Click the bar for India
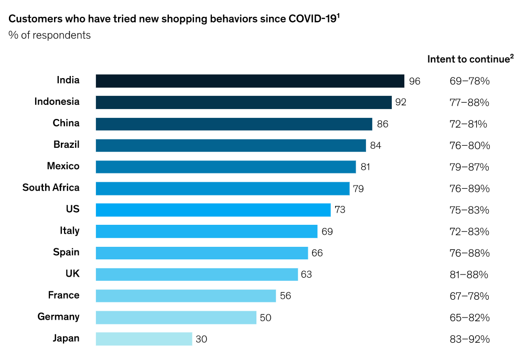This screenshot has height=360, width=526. click(250, 81)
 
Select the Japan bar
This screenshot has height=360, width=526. click(144, 339)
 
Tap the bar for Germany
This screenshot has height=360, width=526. click(176, 317)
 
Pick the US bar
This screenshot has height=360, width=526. click(213, 210)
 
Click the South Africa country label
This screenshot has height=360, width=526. click(51, 188)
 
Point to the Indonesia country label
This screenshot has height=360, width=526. click(57, 102)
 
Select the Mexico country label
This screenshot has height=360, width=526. click(63, 166)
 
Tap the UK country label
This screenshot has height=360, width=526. click(72, 274)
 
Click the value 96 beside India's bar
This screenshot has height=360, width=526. click(414, 81)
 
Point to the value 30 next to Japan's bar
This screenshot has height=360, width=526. click(201, 339)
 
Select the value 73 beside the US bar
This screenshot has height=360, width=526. click(340, 210)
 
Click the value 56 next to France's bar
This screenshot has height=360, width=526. click(285, 296)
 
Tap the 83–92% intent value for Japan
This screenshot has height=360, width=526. click(469, 339)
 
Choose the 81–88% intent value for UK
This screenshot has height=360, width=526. click(469, 275)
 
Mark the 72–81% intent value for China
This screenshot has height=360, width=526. click(468, 124)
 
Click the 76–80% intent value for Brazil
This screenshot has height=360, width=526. click(469, 146)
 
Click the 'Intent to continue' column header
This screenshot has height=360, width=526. click(470, 59)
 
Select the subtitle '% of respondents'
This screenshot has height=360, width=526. click(49, 35)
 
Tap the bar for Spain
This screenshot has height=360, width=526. click(201, 253)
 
